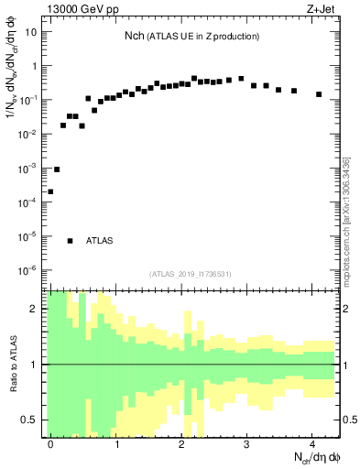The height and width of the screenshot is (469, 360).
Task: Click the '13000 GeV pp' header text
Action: pos(82,11)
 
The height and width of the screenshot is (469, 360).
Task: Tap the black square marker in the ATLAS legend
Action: pos(71,241)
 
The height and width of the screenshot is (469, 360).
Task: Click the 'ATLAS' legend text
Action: pos(99,241)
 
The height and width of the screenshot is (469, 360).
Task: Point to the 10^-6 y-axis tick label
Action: pos(27,270)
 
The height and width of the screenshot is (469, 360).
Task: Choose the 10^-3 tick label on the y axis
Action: pos(27,169)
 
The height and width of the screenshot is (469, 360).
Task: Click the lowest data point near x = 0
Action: pos(50,191)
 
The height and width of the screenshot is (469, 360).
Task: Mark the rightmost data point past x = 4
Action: pos(319,94)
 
